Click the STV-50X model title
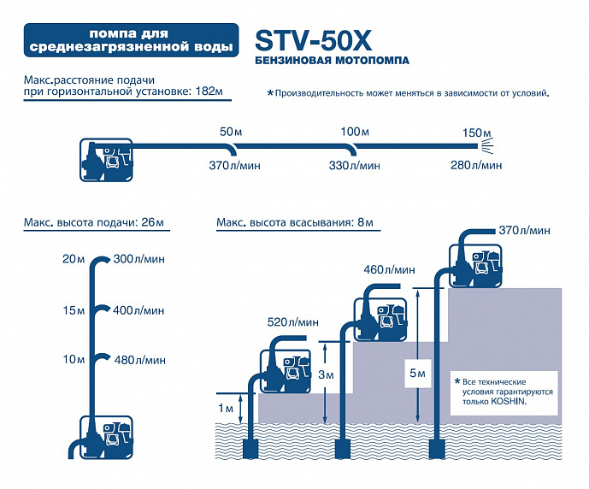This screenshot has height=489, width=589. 313,40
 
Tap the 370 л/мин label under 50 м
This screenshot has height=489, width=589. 235,165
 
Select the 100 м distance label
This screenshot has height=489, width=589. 355,132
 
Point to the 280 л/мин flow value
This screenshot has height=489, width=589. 476,165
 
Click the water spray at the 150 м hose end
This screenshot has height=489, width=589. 486,145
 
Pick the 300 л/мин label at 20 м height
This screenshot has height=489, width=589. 139,259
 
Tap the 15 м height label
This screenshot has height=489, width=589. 74,310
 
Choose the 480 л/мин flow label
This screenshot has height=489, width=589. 139,360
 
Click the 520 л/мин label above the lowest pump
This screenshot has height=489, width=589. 293,322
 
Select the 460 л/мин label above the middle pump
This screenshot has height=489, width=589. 389,269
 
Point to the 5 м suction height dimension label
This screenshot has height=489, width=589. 417,373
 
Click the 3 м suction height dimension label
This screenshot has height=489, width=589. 326,374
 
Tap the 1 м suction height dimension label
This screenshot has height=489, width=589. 226,409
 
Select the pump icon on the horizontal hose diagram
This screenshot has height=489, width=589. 106,160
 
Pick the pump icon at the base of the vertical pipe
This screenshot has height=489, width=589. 107,437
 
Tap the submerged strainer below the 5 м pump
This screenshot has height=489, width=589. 437,449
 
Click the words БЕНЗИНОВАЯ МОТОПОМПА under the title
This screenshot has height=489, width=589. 332,61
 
